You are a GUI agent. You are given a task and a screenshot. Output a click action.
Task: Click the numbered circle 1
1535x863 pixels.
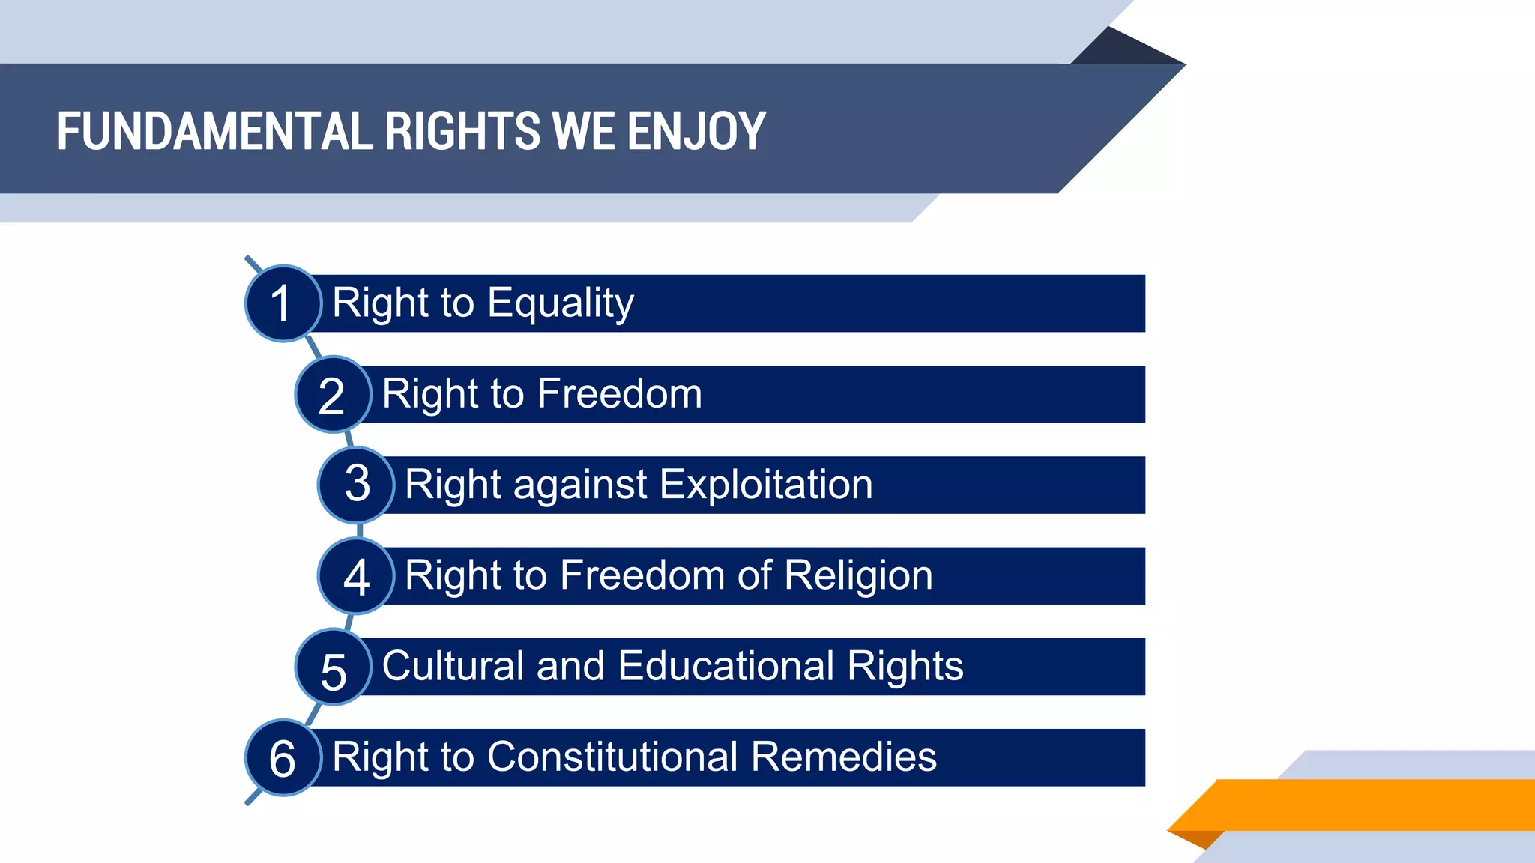click(x=283, y=303)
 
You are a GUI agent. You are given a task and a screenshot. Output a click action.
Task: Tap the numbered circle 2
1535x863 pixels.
click(x=333, y=395)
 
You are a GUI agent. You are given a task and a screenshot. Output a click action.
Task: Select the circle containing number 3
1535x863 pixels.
click(x=356, y=485)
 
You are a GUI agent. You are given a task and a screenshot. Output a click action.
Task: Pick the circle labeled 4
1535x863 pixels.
click(x=356, y=576)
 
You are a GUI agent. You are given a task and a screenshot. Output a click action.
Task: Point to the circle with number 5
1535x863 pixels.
click(x=333, y=667)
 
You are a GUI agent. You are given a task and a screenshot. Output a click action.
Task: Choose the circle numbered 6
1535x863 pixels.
click(x=283, y=757)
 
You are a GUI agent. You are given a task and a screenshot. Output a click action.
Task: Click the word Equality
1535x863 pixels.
click(x=560, y=303)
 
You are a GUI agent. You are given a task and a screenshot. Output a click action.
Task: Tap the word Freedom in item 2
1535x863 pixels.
click(x=619, y=394)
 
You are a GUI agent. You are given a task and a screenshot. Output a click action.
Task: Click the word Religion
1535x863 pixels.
click(x=858, y=575)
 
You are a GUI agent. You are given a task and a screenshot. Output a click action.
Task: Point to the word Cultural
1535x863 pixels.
click(x=452, y=666)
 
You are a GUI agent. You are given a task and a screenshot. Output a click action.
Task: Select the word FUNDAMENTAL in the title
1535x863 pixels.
click(x=214, y=132)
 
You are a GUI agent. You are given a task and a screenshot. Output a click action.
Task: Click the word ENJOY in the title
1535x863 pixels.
click(x=696, y=132)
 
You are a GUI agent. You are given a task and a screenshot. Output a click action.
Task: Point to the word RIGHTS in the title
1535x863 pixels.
click(x=462, y=132)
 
